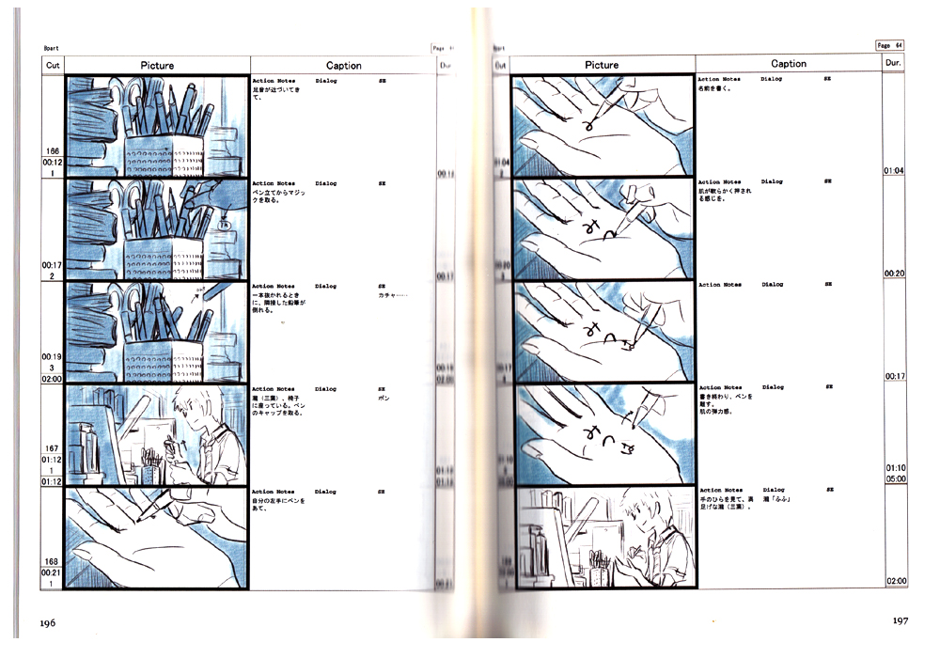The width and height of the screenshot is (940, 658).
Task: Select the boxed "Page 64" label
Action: tap(889, 45)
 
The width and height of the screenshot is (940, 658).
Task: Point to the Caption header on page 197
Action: tap(788, 64)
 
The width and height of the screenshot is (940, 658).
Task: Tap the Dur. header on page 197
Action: tap(894, 63)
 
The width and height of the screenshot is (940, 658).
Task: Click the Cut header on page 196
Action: tap(53, 66)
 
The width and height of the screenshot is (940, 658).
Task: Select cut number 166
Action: tap(52, 150)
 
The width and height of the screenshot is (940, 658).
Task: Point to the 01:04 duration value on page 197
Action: tap(894, 171)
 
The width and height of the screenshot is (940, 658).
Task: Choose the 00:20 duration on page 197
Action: tap(894, 274)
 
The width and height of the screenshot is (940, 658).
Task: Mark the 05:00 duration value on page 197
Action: tap(894, 478)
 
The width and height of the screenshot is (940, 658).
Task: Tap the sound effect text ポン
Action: tap(384, 398)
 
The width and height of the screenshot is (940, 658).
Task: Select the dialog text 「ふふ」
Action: tap(776, 499)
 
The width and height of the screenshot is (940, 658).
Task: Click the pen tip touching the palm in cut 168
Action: tap(138, 519)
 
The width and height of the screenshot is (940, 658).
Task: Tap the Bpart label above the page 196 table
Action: tap(53, 48)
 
